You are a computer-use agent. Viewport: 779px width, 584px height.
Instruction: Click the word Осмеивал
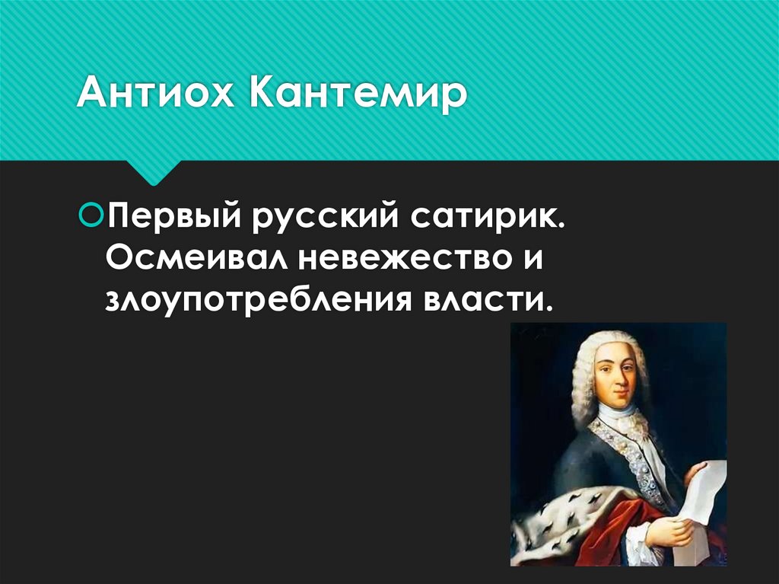click(195, 259)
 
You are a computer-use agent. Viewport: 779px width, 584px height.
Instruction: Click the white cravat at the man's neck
click(618, 415)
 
